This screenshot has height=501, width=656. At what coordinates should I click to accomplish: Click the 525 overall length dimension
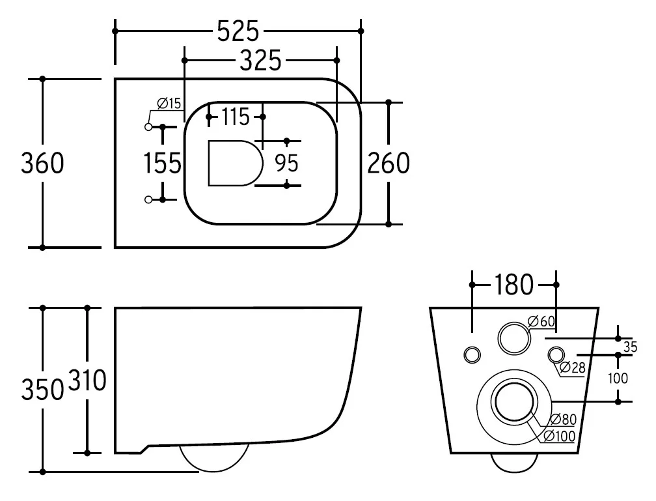[x=238, y=31]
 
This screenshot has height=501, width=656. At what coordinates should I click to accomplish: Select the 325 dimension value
[x=260, y=61]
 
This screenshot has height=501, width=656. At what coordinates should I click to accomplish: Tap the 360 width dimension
[x=43, y=163]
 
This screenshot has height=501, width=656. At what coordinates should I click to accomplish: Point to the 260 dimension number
[x=389, y=163]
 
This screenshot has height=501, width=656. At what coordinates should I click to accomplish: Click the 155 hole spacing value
[x=162, y=164]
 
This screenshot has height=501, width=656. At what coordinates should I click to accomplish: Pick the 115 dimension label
[x=236, y=117]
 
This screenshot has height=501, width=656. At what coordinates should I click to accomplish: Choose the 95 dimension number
[x=286, y=163]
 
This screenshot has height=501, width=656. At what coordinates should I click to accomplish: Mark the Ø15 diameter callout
[x=169, y=103]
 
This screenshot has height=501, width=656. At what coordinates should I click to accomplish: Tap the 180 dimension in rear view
[x=514, y=285]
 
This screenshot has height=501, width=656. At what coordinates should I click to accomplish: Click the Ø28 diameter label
[x=573, y=367]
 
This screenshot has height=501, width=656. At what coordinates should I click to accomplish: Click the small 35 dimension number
[x=630, y=347]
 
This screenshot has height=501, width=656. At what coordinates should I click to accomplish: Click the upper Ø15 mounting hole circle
[x=148, y=126]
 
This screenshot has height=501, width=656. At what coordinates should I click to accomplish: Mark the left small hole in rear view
[x=472, y=354]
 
